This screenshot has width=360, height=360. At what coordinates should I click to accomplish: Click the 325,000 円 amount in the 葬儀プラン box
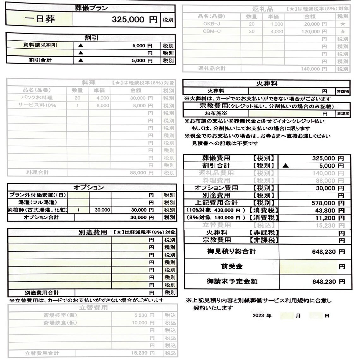tap(134, 20)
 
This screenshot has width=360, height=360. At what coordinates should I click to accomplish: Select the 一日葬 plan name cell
tap(40, 19)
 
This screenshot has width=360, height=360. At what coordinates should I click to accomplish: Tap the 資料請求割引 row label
tap(40, 45)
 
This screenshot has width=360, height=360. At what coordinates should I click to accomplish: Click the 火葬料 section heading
tap(267, 83)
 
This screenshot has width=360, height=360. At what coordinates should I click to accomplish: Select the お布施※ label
tap(216, 113)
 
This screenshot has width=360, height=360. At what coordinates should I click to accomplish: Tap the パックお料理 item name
tap(37, 98)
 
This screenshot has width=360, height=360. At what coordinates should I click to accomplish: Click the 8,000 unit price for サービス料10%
tap(103, 105)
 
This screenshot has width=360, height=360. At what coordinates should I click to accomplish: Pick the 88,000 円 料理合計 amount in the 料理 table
tap(141, 173)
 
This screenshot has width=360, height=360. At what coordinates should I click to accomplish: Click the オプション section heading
tap(88, 187)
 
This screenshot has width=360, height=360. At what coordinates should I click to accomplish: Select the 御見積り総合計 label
tap(231, 252)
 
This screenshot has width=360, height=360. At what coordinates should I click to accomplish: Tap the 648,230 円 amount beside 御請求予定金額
tap(328, 282)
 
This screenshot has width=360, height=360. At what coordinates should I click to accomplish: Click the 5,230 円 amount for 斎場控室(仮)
tap(144, 315)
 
